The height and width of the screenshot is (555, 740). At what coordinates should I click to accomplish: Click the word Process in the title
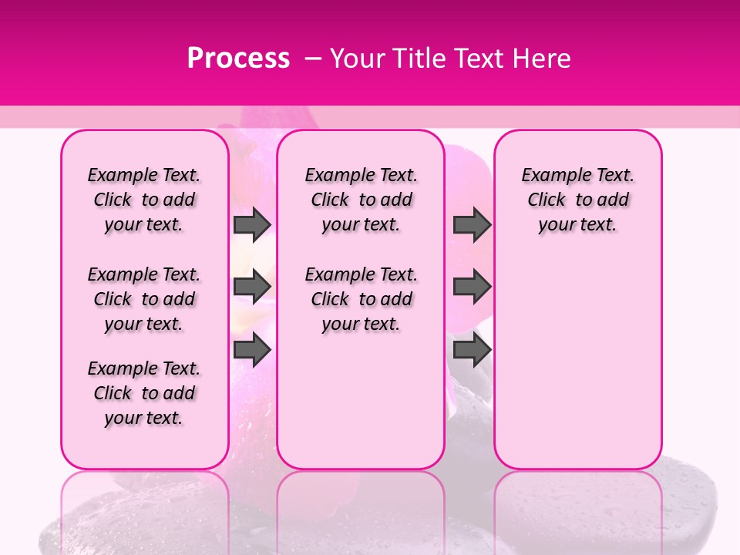[238, 58]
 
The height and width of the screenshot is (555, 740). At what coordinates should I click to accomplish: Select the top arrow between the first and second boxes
[252, 224]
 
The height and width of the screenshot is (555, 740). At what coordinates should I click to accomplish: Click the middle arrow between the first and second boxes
[252, 287]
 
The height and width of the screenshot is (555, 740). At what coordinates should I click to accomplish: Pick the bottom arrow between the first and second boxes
[252, 350]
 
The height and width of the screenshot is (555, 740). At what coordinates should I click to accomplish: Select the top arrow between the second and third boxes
[472, 224]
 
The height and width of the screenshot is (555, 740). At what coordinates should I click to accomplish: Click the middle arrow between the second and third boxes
[472, 287]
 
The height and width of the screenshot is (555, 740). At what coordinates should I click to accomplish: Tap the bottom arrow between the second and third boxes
[472, 350]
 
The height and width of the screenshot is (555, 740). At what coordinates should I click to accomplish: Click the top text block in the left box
[144, 200]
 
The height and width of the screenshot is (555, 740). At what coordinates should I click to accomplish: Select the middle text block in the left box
[144, 299]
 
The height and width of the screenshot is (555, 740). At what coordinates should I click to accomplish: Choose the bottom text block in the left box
[144, 393]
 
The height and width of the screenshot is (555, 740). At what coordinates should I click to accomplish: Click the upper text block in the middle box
[362, 200]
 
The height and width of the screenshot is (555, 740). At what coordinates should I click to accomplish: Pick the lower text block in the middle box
[362, 299]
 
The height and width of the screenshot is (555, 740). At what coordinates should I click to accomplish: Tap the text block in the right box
[578, 200]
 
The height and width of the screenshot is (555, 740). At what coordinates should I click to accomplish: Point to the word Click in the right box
[547, 200]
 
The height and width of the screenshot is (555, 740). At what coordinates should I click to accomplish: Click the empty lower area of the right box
[578, 362]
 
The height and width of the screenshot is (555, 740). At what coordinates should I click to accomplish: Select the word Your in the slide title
[356, 58]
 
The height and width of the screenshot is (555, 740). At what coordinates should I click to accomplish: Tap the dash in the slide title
[313, 58]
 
